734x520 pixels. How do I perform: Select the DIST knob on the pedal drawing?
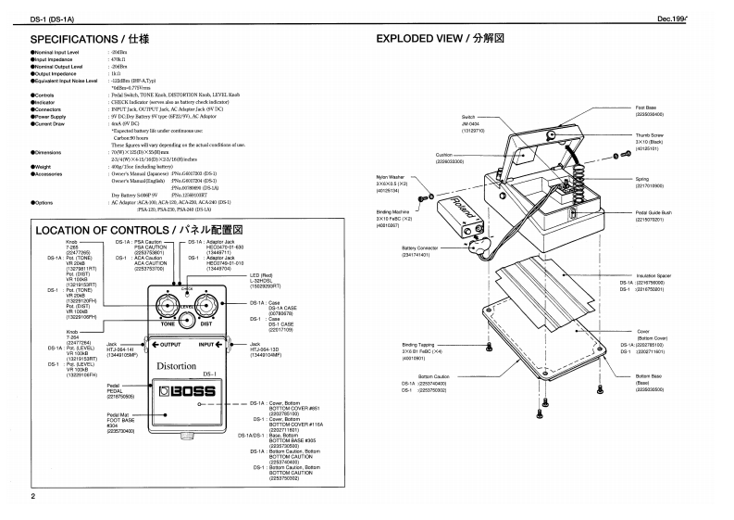[206, 310]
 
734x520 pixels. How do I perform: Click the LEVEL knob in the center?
[187, 321]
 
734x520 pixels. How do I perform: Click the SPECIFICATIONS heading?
[89, 40]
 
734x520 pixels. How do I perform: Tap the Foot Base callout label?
[645, 108]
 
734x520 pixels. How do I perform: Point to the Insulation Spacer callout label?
[658, 276]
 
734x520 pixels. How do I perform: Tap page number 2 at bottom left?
[33, 497]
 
